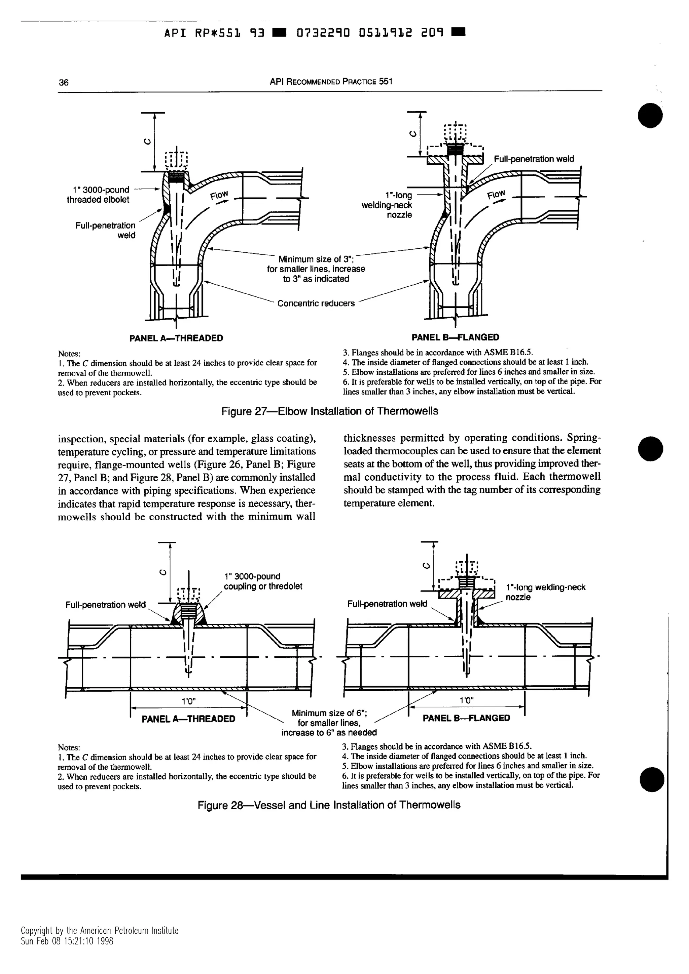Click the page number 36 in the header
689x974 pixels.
(63, 82)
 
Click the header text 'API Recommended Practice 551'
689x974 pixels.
(331, 81)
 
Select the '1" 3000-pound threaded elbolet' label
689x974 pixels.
(98, 195)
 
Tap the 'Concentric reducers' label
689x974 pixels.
(316, 303)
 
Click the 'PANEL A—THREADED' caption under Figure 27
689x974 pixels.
(176, 338)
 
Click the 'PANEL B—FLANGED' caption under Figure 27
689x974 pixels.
(456, 337)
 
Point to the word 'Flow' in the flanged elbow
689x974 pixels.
(496, 195)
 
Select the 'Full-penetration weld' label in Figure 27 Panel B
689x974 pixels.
(534, 159)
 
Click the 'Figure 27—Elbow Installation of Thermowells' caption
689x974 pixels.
(330, 411)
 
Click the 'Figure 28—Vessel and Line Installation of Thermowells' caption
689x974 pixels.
(329, 805)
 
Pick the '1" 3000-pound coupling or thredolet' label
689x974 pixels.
(263, 581)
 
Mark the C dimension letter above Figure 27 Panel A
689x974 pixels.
(147, 143)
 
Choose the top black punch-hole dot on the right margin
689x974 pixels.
(650, 115)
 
